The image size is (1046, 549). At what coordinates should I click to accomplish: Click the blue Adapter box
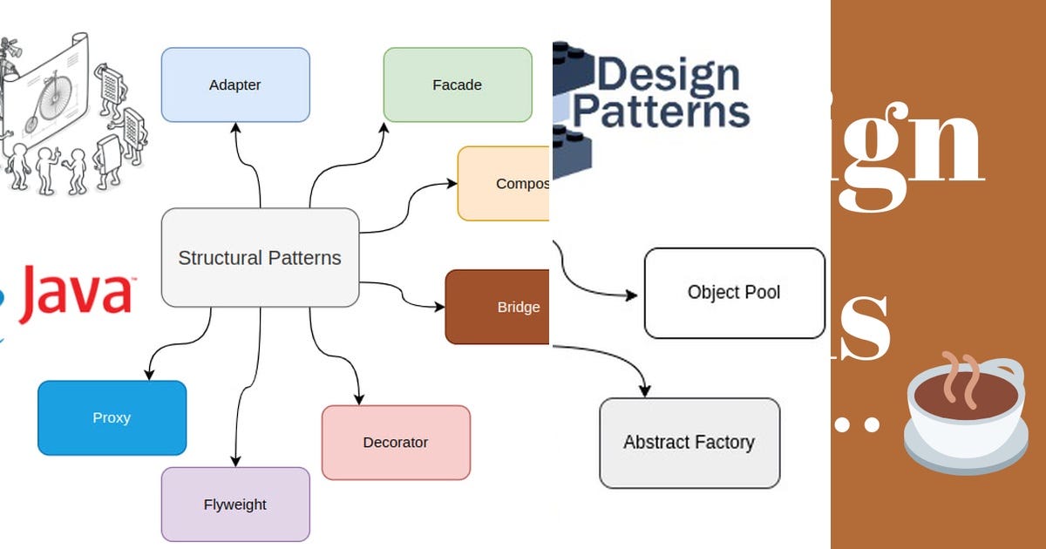tap(235, 85)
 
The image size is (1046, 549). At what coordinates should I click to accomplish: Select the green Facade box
tap(457, 85)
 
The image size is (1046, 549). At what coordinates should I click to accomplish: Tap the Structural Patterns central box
tap(260, 258)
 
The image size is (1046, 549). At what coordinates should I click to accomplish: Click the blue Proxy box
tap(112, 417)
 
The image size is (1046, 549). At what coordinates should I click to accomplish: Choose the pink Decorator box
tap(396, 442)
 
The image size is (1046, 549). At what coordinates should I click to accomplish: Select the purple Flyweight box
tap(235, 504)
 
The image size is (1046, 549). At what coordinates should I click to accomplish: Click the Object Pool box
tap(734, 293)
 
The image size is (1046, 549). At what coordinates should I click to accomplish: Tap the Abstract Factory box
tap(689, 443)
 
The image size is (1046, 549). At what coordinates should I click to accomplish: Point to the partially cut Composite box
tap(504, 183)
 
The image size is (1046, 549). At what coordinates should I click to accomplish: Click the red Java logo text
tap(76, 293)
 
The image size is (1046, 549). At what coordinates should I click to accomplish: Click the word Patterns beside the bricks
tap(661, 112)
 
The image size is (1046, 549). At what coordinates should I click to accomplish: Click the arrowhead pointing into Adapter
tap(235, 127)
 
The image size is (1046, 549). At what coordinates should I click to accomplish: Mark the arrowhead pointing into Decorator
tap(358, 399)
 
